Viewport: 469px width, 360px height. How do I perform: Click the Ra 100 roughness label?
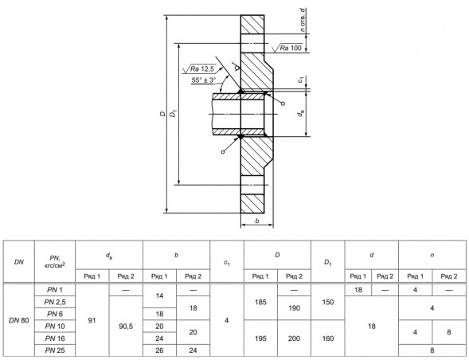coord(291,48)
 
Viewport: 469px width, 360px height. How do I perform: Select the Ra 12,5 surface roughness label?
coord(202,69)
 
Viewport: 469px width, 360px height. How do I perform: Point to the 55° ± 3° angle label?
coord(204,80)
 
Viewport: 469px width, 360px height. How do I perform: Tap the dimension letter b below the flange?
coord(257,221)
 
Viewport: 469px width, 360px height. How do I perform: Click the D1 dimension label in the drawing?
coord(173,114)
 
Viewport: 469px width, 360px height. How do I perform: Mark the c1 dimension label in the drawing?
coord(301,80)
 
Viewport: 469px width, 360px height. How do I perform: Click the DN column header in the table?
coord(19,262)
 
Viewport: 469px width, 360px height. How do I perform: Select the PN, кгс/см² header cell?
coord(55,262)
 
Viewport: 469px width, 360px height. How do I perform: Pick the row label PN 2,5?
coord(55,302)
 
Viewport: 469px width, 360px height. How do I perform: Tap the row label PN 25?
coord(55,350)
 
